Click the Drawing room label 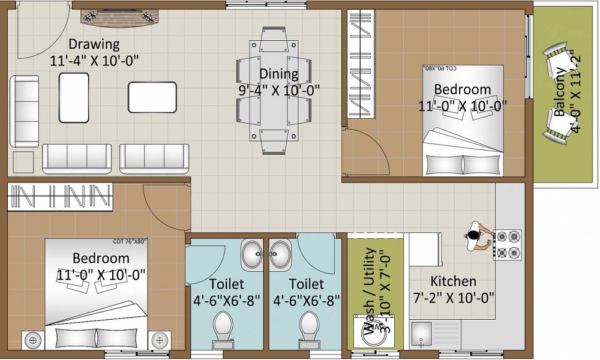coord(94,44)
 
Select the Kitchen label coord(453,281)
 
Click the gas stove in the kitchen coord(507,244)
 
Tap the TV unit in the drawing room coord(118,18)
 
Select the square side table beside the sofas coord(23,162)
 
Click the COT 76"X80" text coord(130,242)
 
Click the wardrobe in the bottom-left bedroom coord(60,197)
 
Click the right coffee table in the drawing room coord(152,97)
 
